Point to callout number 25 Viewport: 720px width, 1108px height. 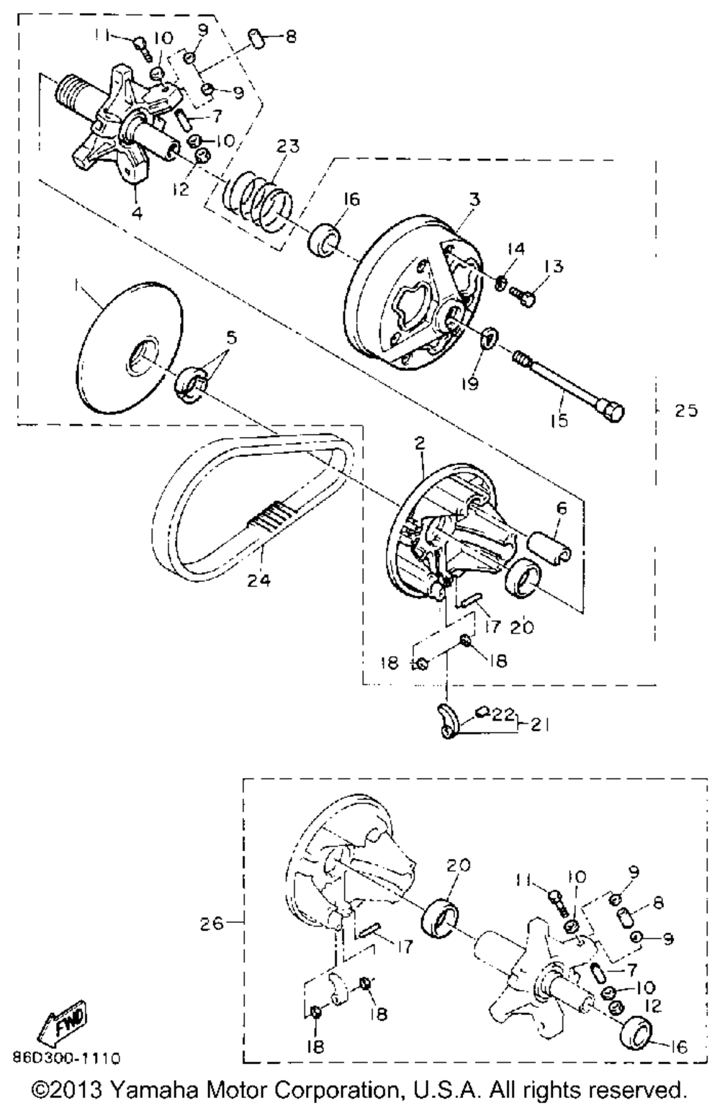685,411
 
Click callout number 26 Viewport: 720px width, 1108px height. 215,921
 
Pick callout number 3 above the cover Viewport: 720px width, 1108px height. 472,199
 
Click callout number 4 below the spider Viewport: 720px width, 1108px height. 136,213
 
